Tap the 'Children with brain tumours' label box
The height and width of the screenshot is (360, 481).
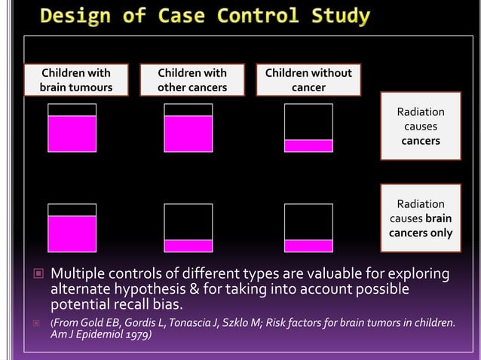(x=75, y=80)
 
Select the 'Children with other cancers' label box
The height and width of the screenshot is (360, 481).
(x=192, y=80)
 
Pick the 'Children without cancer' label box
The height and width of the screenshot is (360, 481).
(x=308, y=80)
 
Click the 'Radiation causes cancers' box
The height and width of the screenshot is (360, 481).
(x=421, y=127)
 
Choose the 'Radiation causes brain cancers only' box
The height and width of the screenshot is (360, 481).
(x=421, y=218)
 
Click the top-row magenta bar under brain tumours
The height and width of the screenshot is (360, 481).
(x=72, y=133)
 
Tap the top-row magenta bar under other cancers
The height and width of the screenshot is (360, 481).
(x=188, y=133)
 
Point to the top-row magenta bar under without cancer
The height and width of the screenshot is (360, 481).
(x=308, y=145)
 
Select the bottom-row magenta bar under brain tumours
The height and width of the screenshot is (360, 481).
(x=72, y=233)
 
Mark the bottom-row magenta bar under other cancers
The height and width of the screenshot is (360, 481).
(x=188, y=246)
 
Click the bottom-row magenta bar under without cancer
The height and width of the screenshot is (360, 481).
(x=308, y=246)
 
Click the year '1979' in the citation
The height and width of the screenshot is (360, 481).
(x=136, y=334)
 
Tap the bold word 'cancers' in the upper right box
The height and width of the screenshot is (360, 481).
(x=421, y=141)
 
